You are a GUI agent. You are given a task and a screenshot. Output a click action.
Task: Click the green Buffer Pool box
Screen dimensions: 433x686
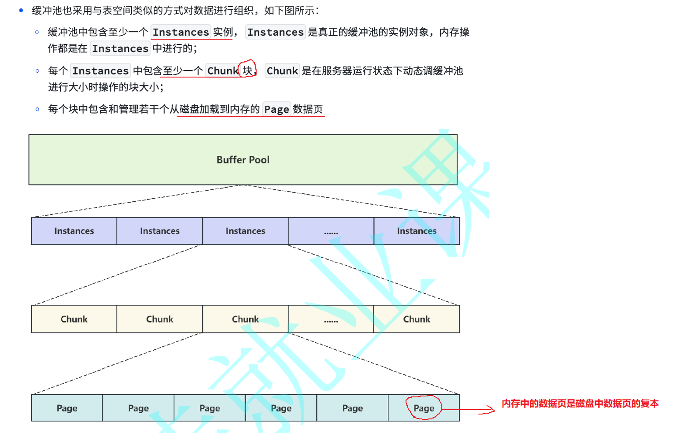tap(243, 159)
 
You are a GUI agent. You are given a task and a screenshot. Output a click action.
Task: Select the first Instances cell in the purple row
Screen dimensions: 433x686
tap(74, 231)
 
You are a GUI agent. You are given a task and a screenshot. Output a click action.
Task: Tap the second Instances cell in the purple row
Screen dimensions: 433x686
tap(159, 231)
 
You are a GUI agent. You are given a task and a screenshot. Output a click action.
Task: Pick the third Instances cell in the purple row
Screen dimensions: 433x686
tap(245, 231)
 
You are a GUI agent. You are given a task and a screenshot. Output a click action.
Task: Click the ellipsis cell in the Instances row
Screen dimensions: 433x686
tap(331, 231)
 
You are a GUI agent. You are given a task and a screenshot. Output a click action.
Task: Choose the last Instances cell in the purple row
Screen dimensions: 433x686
tap(417, 231)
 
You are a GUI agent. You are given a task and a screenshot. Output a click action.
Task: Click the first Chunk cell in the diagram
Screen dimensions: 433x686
tap(74, 319)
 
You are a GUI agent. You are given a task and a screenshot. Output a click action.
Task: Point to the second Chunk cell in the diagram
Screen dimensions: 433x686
tap(159, 319)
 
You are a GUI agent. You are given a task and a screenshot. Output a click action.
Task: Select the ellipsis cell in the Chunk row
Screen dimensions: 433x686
tap(331, 319)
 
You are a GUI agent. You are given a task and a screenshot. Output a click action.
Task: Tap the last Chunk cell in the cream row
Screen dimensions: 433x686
tap(417, 319)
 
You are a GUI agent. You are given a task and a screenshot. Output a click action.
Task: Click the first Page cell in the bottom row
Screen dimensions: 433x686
tap(67, 408)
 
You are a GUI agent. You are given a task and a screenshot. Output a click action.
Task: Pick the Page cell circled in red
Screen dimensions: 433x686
tap(424, 408)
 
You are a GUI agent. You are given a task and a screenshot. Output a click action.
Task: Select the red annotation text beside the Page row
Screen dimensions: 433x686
tap(580, 403)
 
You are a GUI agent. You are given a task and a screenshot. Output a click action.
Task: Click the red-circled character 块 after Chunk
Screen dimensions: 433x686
tap(247, 70)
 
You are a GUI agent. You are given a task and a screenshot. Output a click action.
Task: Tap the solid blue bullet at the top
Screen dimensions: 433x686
tap(21, 10)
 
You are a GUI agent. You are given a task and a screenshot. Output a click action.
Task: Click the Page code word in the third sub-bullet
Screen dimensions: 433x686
tap(277, 109)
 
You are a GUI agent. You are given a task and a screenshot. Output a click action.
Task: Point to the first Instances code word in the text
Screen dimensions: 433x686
tap(181, 32)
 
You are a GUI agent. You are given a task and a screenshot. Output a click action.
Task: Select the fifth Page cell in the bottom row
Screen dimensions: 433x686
tap(352, 408)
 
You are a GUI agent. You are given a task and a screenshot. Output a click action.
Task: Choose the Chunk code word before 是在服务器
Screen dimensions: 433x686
tap(282, 71)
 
